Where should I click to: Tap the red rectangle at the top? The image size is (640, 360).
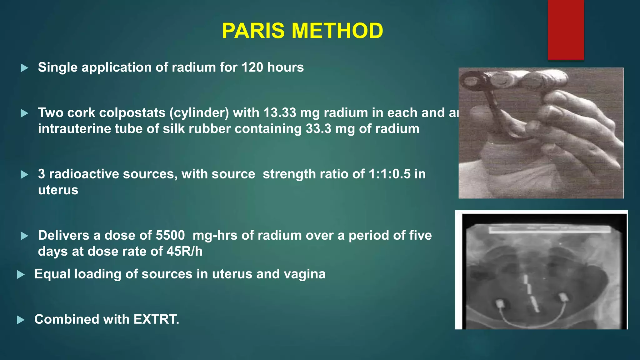coord(566,30)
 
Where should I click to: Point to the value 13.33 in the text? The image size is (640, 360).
coord(279,112)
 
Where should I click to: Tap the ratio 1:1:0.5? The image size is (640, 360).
coord(389,174)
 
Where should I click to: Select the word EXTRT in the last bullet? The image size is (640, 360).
coord(155,319)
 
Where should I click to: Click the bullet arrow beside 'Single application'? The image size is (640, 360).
coord(24,68)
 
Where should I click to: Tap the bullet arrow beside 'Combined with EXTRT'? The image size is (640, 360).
coord(21,320)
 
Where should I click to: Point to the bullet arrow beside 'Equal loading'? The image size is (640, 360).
coord(21,274)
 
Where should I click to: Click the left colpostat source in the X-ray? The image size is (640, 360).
coord(499,303)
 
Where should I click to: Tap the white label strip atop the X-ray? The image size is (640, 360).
coord(549,230)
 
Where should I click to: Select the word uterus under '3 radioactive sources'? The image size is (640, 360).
coord(58,190)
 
